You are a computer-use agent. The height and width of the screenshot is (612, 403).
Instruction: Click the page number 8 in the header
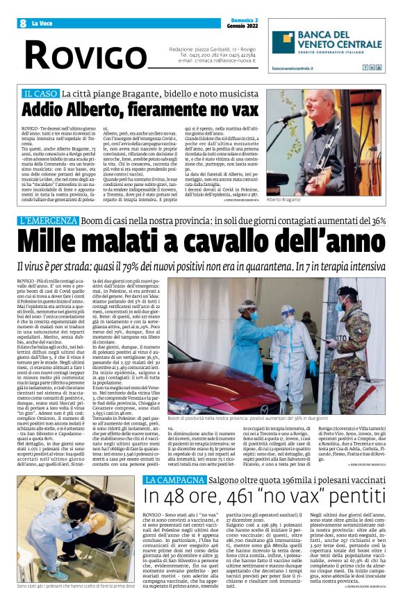[x=24, y=23]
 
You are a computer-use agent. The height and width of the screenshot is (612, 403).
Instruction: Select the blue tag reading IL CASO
[x=40, y=93]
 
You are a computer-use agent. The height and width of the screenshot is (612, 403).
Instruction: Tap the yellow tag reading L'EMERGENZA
[x=49, y=221]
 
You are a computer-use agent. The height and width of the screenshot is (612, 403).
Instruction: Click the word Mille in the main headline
[x=55, y=242]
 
